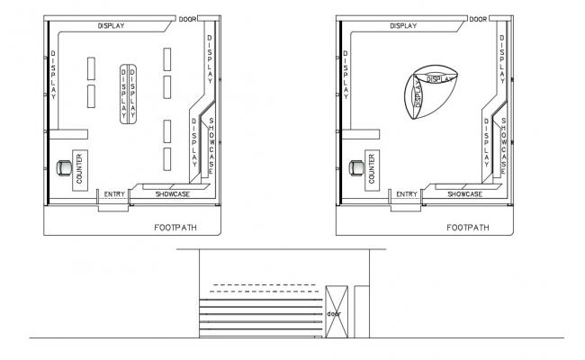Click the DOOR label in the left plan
point(187,19)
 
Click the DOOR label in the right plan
point(478,19)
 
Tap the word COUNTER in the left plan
point(79,169)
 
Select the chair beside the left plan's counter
point(62,167)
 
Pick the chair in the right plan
point(354,167)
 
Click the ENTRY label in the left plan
point(114,193)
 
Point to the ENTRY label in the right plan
point(406,193)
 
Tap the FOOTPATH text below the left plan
point(174,228)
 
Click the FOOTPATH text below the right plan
point(467,228)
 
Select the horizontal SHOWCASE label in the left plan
point(172,193)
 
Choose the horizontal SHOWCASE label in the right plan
point(465,193)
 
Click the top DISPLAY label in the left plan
point(112,26)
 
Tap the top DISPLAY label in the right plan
point(403,26)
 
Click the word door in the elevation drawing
point(334,314)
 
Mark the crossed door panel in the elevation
point(335,310)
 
